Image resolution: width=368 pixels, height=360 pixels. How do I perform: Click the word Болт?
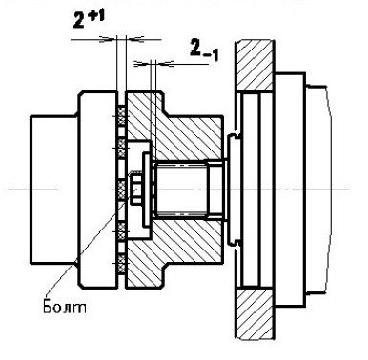pyautogui.click(x=64, y=307)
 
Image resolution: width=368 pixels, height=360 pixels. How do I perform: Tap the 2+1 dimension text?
pyautogui.click(x=89, y=20)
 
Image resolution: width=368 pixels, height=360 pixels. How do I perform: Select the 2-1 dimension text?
pyautogui.click(x=204, y=50)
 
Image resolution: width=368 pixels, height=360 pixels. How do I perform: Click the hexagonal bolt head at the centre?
pyautogui.click(x=134, y=188)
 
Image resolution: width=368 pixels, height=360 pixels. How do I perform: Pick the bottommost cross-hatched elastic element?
pyautogui.click(x=122, y=264)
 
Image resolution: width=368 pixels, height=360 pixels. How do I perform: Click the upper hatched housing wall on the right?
pyautogui.click(x=255, y=66)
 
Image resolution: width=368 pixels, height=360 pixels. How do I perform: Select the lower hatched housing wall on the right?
pyautogui.click(x=255, y=313)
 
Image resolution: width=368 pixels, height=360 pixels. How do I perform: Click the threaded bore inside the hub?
pyautogui.click(x=180, y=188)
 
